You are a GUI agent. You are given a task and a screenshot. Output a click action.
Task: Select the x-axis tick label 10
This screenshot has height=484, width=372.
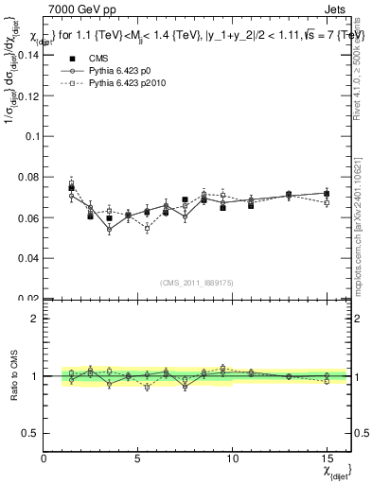[x=232, y=458]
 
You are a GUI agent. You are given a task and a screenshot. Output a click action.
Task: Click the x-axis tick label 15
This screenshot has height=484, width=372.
[x=327, y=458]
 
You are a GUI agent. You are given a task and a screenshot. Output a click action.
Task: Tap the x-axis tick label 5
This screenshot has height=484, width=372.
[x=138, y=458]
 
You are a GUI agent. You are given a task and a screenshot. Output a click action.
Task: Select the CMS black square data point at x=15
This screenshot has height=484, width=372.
[x=327, y=194]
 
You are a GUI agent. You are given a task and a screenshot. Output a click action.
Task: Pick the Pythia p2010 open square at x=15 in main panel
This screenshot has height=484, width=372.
[x=327, y=202]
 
